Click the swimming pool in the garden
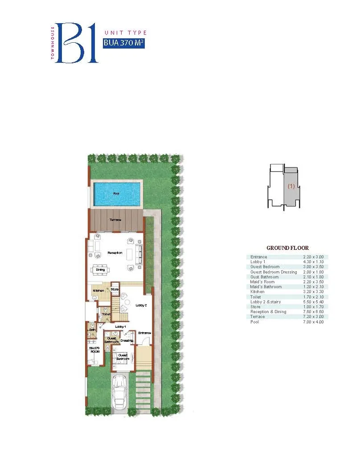116,194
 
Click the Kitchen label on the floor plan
98,291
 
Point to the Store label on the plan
115,290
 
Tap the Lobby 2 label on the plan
141,305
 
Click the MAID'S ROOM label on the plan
94,349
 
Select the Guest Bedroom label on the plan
123,357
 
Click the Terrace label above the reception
116,220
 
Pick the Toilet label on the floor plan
106,314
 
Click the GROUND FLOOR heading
287,248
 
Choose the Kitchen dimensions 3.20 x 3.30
315,292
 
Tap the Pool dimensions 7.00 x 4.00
315,322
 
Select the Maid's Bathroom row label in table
266,287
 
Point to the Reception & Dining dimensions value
315,312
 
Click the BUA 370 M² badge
123,43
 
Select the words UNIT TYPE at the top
125,33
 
